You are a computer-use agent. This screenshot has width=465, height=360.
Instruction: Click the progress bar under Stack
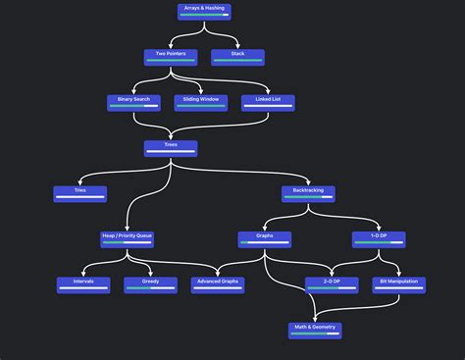238,62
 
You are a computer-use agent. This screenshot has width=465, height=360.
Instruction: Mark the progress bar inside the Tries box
80,198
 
